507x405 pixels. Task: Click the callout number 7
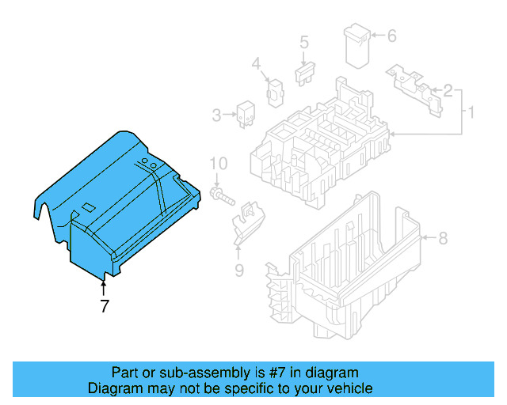point(104,307)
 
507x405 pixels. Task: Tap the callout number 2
point(448,91)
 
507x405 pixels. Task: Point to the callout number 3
point(216,116)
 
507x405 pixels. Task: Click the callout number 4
point(256,64)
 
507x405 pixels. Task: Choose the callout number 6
point(391,35)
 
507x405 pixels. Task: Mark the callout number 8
point(443,237)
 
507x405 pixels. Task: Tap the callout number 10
point(219,164)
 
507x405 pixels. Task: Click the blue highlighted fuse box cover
point(119,206)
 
